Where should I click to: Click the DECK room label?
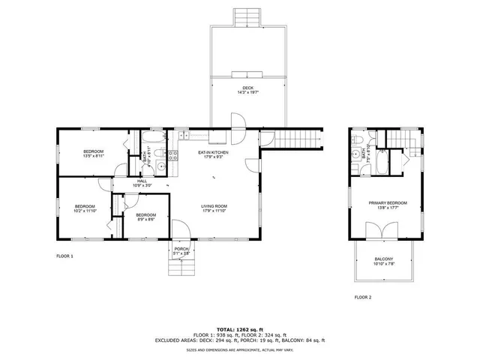tap(247, 88)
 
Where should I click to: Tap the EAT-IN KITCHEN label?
tap(214, 152)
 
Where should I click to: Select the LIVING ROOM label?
tap(214, 206)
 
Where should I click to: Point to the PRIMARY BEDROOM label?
tap(388, 202)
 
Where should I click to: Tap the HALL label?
tap(142, 181)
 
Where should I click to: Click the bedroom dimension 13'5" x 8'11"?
tap(94, 157)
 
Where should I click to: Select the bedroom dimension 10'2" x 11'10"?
tap(84, 211)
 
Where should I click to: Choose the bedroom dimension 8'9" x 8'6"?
tap(145, 220)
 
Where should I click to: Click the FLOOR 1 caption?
tap(65, 256)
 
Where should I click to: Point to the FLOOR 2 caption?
tap(363, 297)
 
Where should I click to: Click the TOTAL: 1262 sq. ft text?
tap(240, 329)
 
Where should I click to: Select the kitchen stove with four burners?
tap(172, 155)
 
